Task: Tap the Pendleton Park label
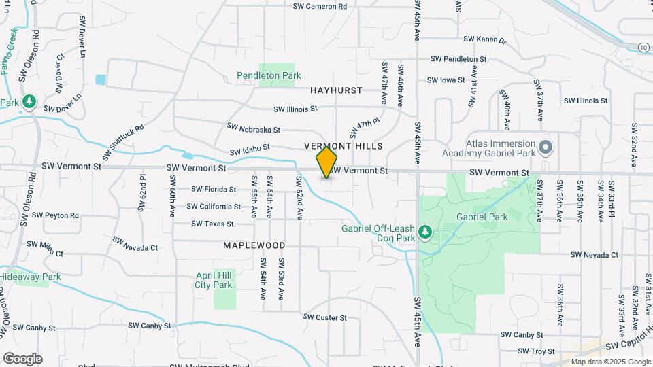tap(269, 75)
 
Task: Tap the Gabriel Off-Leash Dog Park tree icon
tap(425, 233)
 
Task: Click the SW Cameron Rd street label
tap(320, 6)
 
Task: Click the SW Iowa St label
tap(446, 80)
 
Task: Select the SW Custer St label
tap(324, 317)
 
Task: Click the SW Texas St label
tap(213, 224)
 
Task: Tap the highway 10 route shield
tap(643, 47)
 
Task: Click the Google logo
tap(22, 358)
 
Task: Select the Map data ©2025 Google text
tap(610, 362)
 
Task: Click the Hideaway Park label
tap(30, 277)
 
